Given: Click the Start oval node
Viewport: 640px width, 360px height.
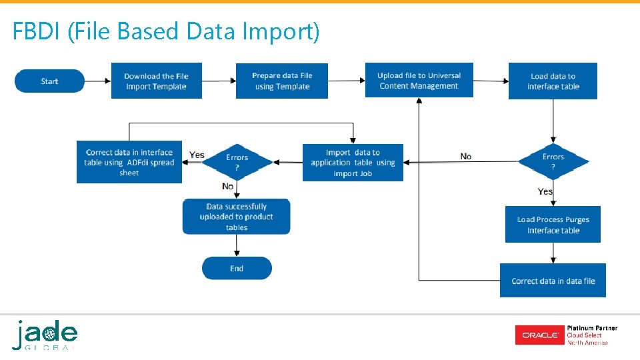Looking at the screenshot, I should [x=49, y=81].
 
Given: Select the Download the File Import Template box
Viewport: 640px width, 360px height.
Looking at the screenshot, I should [x=156, y=81].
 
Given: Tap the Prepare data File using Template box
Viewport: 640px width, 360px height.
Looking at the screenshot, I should [x=282, y=81].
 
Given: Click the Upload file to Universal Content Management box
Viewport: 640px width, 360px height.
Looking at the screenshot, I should [x=419, y=80].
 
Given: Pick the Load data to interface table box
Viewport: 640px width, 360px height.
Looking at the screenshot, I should [x=553, y=81].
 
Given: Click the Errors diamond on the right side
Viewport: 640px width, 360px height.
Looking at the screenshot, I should [x=553, y=161].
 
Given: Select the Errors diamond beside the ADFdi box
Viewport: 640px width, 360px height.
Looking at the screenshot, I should [x=237, y=162].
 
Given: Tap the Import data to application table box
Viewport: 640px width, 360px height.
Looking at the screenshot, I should [x=353, y=163].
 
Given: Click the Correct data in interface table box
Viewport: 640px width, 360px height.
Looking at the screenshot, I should [x=129, y=162].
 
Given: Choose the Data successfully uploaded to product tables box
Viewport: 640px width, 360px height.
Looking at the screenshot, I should [x=237, y=217].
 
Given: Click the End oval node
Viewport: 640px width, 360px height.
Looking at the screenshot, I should [x=237, y=268].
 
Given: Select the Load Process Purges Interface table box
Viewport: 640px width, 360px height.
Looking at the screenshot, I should [x=553, y=225].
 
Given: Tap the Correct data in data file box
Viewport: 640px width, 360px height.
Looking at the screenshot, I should [x=553, y=281].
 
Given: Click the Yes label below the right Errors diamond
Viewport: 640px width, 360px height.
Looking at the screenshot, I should [x=545, y=191].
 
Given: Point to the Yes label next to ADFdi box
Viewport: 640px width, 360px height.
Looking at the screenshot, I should [x=197, y=155].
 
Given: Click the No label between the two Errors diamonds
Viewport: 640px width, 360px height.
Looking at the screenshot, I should [x=465, y=156].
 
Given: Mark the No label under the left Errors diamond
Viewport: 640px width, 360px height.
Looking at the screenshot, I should [x=228, y=186].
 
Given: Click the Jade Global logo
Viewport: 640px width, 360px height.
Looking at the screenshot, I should [x=45, y=335].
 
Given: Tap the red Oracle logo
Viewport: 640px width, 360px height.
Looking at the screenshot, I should [x=539, y=335].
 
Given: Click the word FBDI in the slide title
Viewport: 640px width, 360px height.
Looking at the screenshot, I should [x=37, y=31].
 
